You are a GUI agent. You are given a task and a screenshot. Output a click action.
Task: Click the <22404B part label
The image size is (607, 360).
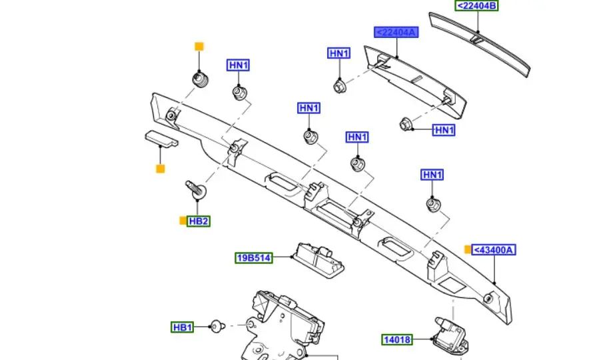point(476,5)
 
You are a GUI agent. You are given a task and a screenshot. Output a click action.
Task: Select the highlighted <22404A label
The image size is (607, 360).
point(396,32)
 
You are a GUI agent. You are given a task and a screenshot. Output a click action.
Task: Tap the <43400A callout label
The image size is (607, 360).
point(494,250)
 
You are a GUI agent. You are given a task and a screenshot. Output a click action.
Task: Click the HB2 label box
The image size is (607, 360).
point(199,221)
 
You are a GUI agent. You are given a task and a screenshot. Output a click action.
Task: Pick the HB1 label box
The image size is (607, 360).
point(183,327)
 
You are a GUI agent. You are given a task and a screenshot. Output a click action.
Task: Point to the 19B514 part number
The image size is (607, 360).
point(254,258)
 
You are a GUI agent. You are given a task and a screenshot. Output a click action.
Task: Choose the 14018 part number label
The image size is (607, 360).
point(397,340)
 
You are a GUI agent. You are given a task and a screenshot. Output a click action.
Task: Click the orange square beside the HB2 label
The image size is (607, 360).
point(183,221)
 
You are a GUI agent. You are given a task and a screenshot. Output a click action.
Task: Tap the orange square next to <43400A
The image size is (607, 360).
point(468,249)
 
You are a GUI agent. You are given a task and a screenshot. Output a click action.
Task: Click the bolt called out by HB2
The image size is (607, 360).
point(197,189)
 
